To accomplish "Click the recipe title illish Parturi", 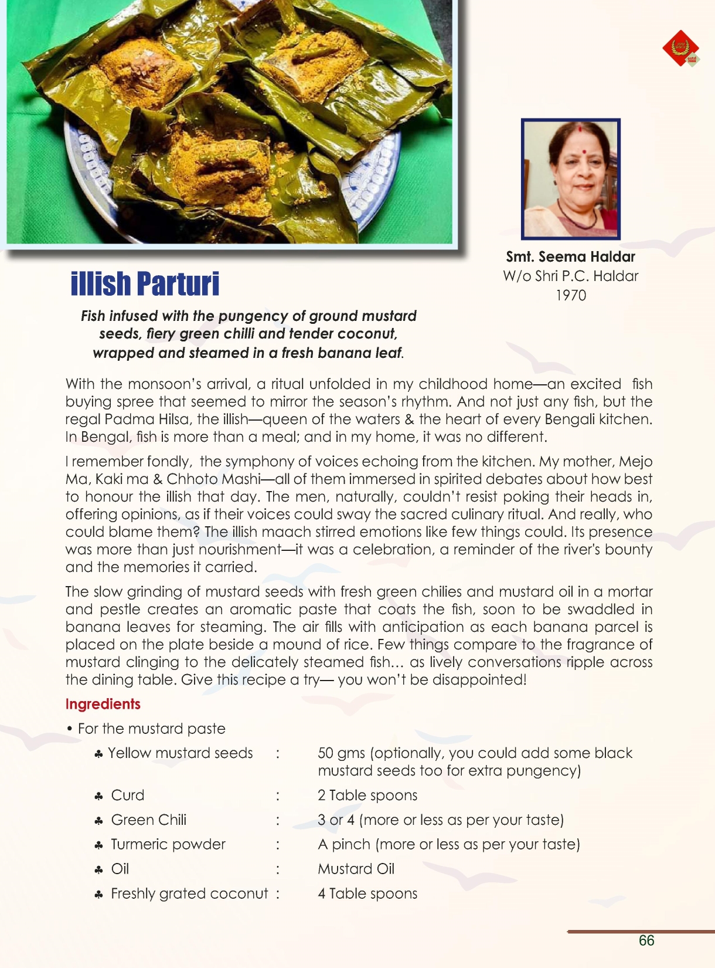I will [145, 284].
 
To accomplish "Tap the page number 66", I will [646, 940].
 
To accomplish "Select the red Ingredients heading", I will [103, 704].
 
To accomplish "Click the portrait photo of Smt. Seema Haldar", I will [570, 179].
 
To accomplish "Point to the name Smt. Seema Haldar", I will [570, 257].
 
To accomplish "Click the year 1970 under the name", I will [570, 296].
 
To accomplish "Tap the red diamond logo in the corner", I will [680, 48].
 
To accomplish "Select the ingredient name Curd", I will [128, 796].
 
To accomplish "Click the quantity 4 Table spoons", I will [367, 894].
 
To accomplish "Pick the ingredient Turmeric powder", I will [168, 845].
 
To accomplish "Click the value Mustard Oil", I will [356, 869].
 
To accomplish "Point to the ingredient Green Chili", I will [149, 820].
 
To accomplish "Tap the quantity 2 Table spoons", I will [367, 796].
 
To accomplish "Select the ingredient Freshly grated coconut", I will [189, 894].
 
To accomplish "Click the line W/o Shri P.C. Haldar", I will [570, 276].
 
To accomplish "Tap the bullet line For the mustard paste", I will [151, 729].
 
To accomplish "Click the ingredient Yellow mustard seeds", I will [180, 753].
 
